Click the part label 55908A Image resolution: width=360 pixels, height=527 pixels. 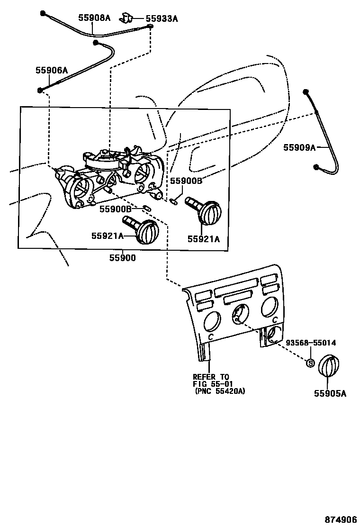tap(94, 18)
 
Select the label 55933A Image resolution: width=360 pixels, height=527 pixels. tap(162, 19)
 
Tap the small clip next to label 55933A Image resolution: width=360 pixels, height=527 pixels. tap(126, 18)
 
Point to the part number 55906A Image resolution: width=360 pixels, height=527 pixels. tap(51, 70)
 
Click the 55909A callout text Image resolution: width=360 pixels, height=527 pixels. tap(299, 147)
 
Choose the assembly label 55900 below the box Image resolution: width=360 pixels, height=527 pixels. tap(122, 258)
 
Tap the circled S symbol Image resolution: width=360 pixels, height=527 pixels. tap(311, 363)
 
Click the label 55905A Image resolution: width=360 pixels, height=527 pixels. tap(330, 393)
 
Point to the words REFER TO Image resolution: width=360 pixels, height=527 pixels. tap(211, 377)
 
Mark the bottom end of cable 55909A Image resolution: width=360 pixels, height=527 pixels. tap(316, 166)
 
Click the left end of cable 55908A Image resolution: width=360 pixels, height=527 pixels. tap(43, 12)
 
